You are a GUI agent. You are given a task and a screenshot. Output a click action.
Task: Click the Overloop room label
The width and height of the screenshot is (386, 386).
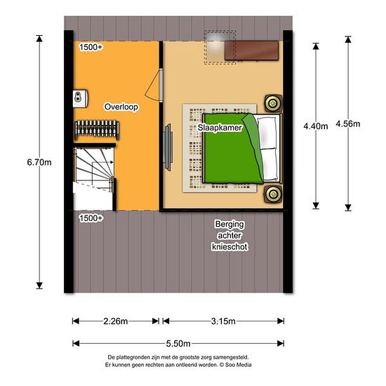click(121, 107)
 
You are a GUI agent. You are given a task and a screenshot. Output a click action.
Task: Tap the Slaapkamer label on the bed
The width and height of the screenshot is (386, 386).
click(220, 128)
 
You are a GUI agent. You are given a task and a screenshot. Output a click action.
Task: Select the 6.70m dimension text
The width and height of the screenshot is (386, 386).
click(39, 162)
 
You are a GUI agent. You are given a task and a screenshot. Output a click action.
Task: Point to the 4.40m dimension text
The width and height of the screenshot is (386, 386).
click(316, 126)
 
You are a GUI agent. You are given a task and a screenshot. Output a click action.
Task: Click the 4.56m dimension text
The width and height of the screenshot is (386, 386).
click(348, 124)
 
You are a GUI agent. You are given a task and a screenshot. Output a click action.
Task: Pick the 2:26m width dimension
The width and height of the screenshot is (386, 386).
click(116, 321)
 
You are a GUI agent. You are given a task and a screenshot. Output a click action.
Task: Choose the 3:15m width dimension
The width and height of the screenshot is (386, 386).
click(223, 321)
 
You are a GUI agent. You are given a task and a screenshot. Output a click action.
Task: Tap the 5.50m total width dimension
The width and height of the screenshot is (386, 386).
click(178, 343)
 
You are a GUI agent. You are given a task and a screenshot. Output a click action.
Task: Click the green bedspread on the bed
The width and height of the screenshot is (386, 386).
click(232, 149)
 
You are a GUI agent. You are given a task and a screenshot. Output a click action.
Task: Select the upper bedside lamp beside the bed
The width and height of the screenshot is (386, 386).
click(273, 103)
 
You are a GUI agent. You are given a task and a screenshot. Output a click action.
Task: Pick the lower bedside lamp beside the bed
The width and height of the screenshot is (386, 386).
click(273, 194)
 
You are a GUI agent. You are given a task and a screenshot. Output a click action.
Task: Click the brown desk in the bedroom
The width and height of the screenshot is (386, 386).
click(251, 51)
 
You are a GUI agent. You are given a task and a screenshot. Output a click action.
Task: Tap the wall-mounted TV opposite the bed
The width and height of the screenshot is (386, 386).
click(168, 147)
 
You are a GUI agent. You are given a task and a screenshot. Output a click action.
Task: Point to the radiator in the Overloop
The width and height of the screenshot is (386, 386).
click(97, 130)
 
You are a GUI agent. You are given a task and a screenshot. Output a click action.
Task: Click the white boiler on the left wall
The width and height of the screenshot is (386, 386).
click(81, 98)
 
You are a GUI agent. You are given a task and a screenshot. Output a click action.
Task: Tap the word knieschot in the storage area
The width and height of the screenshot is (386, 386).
click(229, 246)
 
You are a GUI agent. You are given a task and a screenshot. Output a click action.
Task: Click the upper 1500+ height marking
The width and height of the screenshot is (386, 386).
click(91, 47)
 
